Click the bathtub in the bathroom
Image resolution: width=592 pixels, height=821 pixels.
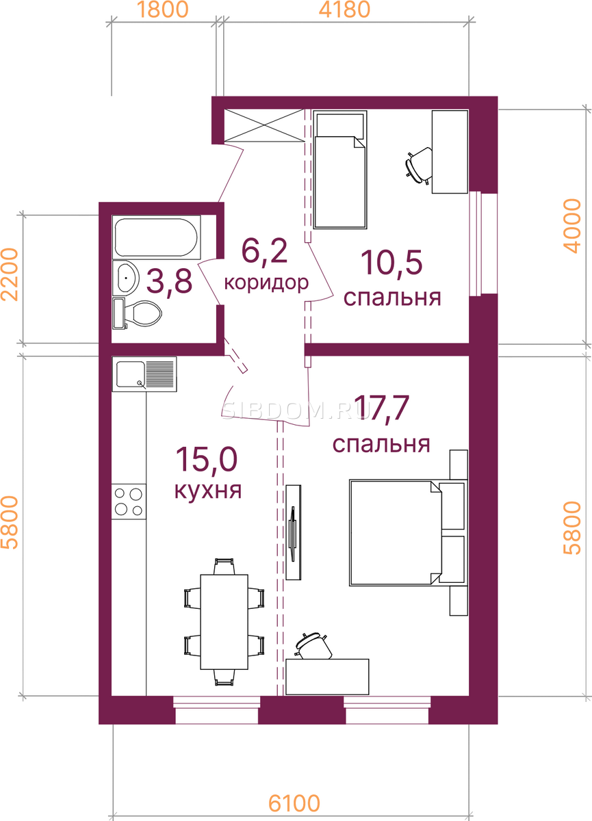tap(157, 237)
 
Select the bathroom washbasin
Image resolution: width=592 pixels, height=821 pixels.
tap(126, 278)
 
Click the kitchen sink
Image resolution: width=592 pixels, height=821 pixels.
tap(144, 374)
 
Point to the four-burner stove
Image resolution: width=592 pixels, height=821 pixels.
tap(129, 501)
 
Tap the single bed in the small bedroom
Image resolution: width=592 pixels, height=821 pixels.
tap(340, 170)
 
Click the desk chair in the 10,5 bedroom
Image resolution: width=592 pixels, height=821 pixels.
tap(419, 166)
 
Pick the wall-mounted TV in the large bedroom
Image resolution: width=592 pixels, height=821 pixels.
tap(293, 532)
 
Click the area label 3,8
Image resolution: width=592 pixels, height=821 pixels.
tap(169, 281)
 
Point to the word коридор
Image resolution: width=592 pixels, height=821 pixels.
tap(266, 283)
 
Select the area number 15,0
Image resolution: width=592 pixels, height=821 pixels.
tap(207, 459)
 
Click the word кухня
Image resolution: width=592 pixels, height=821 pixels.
tap(208, 490)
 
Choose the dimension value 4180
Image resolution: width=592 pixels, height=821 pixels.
tap(344, 10)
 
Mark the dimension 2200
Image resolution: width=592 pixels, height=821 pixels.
tap(10, 274)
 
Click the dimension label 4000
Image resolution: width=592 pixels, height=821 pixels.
tap(572, 226)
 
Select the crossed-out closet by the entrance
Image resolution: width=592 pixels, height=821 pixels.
tap(264, 125)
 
